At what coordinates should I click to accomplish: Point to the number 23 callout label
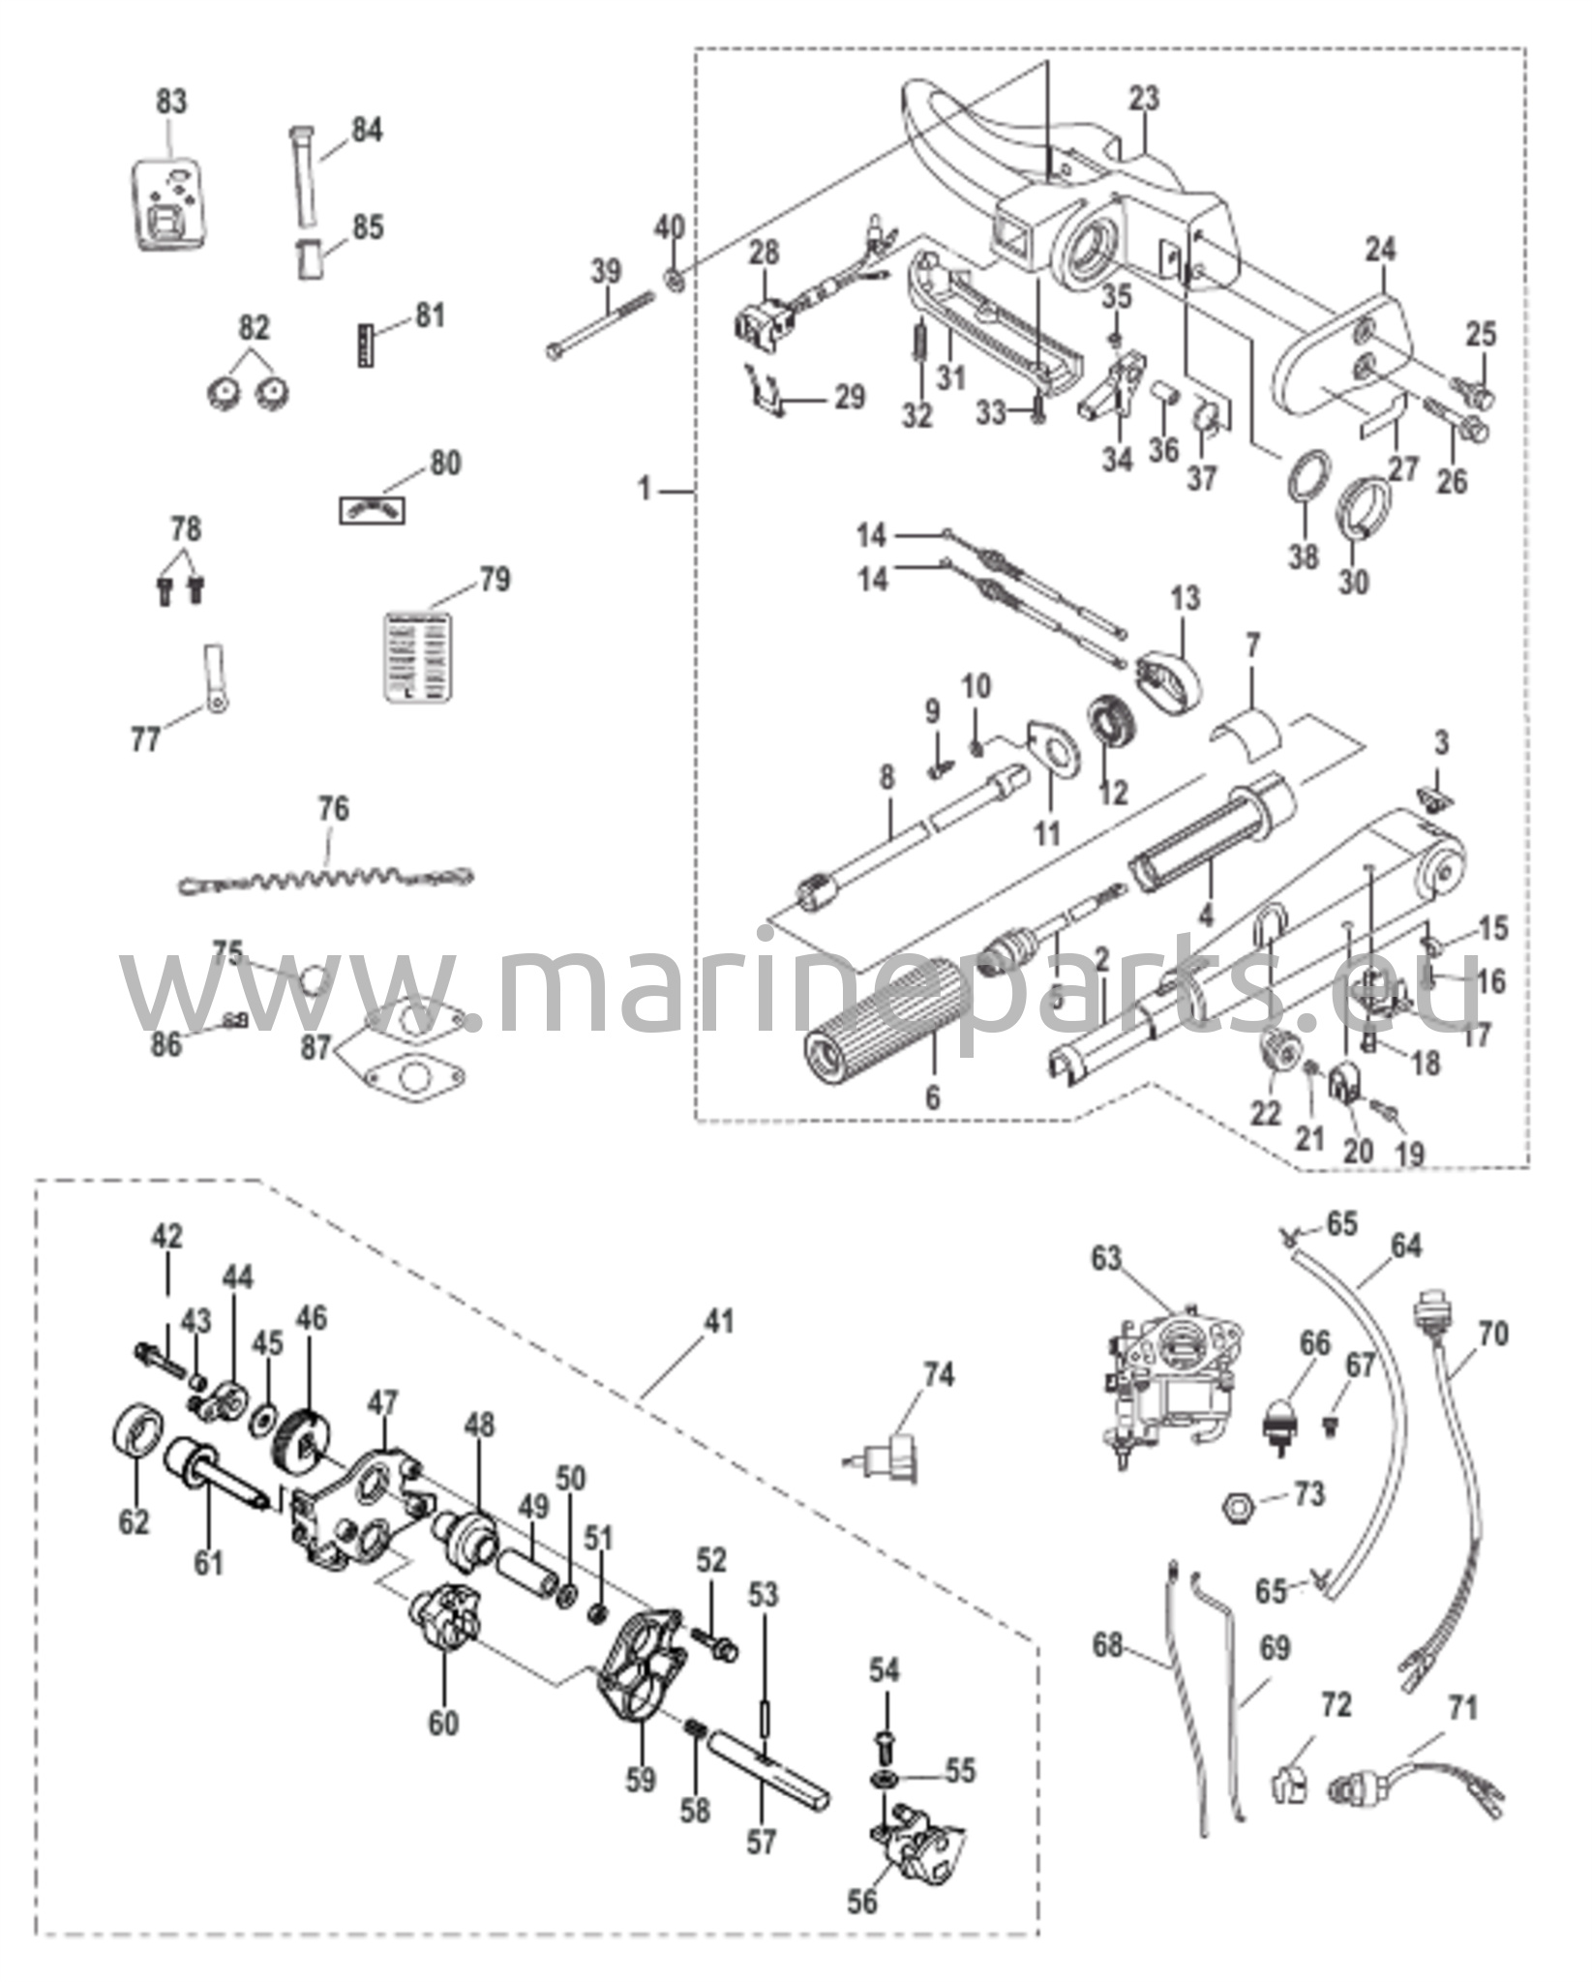tap(1143, 99)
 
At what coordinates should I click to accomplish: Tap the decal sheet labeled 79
tap(414, 653)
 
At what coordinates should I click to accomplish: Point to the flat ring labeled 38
tap(1307, 480)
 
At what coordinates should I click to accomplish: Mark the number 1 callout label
tap(645, 491)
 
